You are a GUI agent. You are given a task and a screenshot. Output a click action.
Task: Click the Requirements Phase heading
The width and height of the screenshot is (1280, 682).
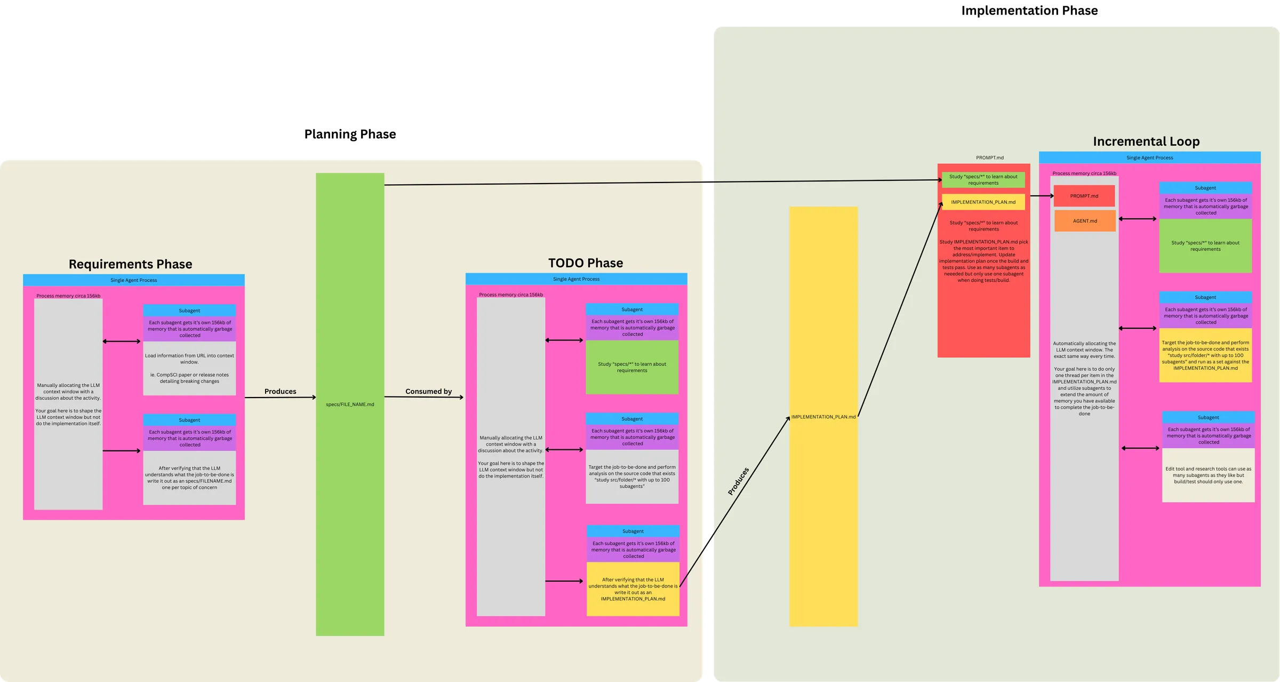[130, 264]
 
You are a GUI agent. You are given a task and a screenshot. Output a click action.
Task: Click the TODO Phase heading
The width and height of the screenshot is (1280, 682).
[585, 263]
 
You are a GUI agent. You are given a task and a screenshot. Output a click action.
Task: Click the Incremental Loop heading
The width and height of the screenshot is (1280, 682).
[1146, 141]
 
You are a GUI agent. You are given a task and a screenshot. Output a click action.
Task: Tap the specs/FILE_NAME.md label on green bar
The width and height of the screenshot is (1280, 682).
[350, 405]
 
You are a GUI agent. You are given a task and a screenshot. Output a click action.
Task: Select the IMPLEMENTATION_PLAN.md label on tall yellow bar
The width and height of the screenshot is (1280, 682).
[823, 417]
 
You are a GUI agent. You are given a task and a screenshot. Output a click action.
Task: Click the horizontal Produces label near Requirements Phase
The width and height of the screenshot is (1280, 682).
[280, 391]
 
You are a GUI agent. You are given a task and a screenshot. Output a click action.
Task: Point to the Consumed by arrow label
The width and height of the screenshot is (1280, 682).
[428, 391]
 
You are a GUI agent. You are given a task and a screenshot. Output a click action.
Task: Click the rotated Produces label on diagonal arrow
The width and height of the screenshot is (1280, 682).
[739, 481]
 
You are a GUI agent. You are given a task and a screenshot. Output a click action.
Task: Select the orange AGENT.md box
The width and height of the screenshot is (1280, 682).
[1085, 221]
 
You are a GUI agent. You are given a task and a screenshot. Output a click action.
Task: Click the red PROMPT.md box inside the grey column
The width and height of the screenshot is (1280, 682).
[1084, 196]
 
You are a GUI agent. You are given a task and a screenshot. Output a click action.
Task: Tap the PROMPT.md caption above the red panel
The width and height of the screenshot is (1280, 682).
[989, 157]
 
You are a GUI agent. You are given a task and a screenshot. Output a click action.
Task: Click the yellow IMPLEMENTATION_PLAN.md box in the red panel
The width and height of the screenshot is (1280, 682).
[983, 202]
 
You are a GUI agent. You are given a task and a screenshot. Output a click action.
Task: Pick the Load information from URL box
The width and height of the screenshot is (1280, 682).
[189, 368]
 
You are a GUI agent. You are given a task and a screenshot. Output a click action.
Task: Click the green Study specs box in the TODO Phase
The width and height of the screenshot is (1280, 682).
[632, 367]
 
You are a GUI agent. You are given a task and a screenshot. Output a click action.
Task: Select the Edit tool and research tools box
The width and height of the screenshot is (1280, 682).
[1208, 475]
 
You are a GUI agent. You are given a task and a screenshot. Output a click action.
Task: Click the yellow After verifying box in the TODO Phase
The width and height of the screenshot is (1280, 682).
[633, 589]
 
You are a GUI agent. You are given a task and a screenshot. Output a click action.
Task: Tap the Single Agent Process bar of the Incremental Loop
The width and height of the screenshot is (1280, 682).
[1149, 157]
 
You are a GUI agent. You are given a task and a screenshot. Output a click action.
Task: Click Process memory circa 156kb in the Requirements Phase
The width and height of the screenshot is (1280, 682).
[68, 296]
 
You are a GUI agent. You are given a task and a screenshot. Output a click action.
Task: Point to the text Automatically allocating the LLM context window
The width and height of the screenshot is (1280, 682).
[1084, 350]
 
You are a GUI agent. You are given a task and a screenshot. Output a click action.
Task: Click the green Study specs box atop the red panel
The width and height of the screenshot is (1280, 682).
[983, 180]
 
